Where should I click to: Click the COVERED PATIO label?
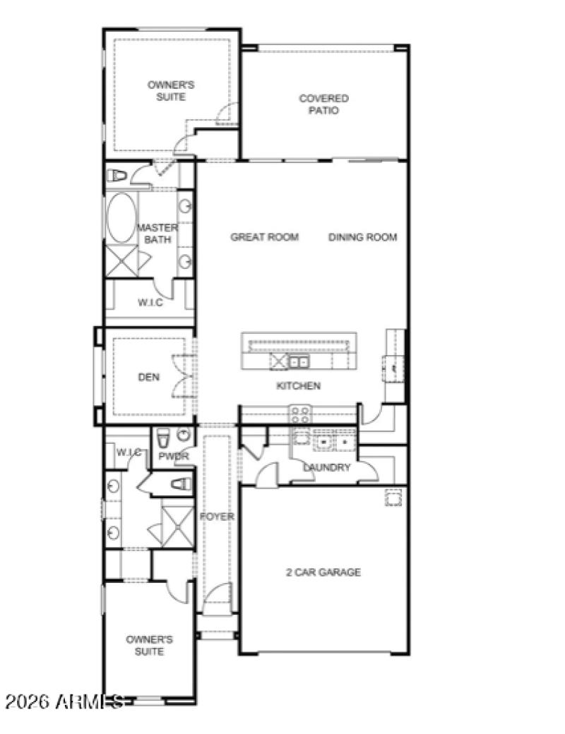tap(323, 104)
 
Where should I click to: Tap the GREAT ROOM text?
tap(264, 237)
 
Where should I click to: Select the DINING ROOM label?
tap(362, 237)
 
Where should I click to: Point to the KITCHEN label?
tap(298, 386)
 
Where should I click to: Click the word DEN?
tap(148, 378)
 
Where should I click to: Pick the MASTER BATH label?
tap(157, 234)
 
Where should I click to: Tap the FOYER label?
tap(217, 517)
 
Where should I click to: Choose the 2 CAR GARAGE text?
tap(323, 572)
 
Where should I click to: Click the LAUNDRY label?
tap(326, 467)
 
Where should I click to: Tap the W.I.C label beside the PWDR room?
tap(127, 452)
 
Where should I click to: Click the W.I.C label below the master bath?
tap(150, 303)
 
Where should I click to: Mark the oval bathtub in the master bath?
tap(120, 217)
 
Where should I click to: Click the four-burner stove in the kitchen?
tap(299, 413)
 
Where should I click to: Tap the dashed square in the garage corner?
tap(393, 498)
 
